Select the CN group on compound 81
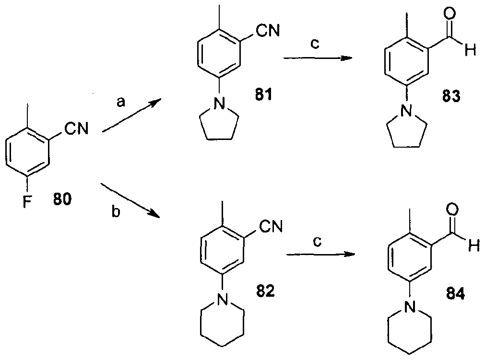pyautogui.click(x=269, y=32)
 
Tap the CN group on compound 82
pyautogui.click(x=271, y=227)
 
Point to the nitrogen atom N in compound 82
pyautogui.click(x=221, y=301)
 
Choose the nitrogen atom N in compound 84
pyautogui.click(x=408, y=305)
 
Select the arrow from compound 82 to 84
pyautogui.click(x=319, y=254)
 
